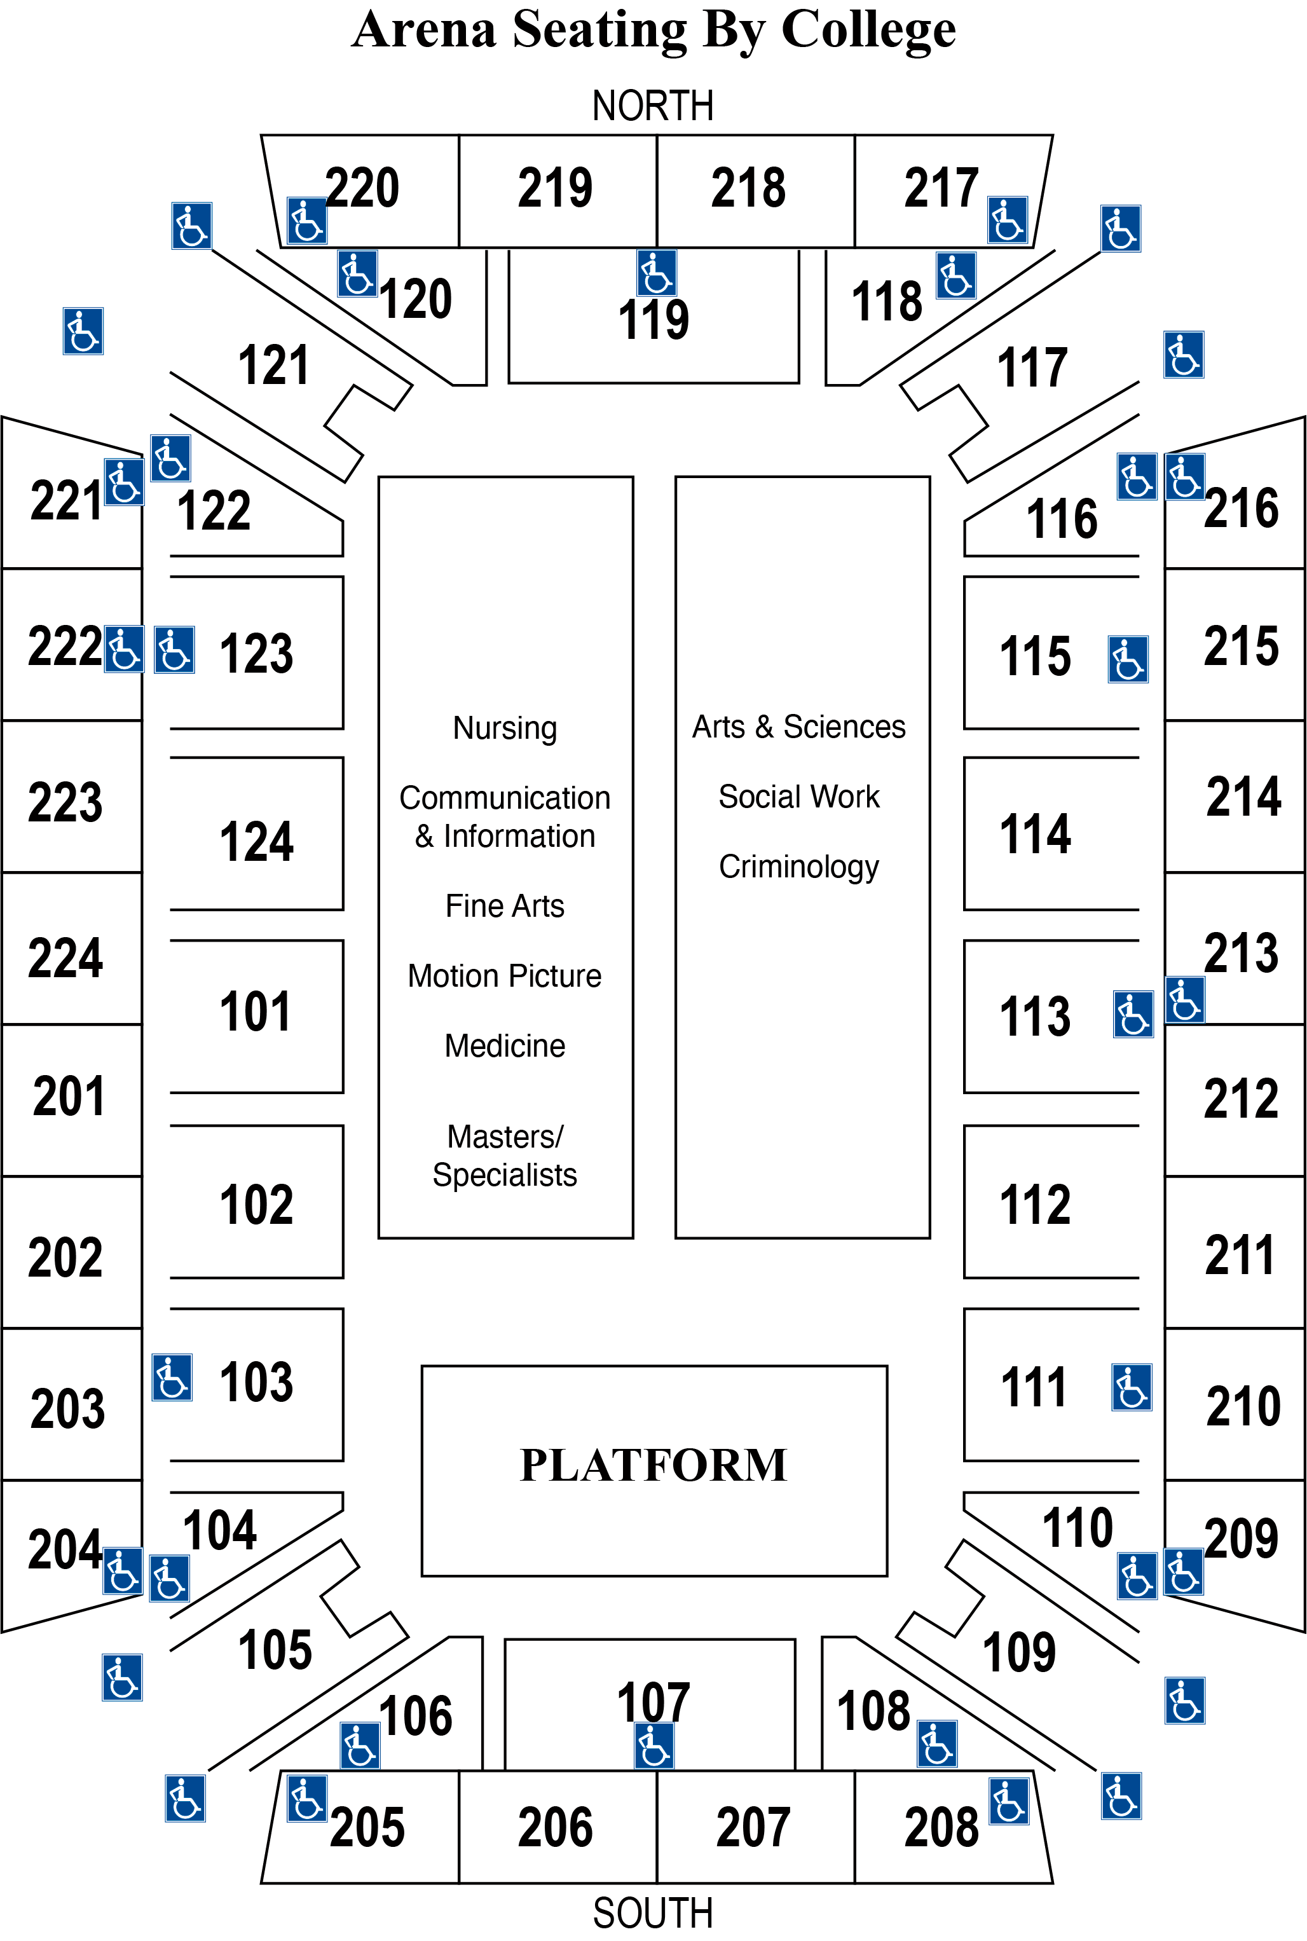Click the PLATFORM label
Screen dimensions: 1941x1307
pos(653,1465)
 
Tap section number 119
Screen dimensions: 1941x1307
pos(653,319)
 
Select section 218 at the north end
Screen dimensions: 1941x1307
pos(748,188)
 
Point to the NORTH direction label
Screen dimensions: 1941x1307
pos(653,106)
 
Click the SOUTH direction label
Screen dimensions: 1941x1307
pos(653,1912)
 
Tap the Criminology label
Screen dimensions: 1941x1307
pos(798,867)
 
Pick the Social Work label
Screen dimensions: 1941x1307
pos(798,797)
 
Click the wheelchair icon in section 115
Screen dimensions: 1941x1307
pos(1128,659)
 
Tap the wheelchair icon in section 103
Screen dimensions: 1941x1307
pos(172,1378)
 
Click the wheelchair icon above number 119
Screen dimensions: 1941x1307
pos(656,273)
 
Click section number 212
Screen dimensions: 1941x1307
pos(1240,1099)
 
